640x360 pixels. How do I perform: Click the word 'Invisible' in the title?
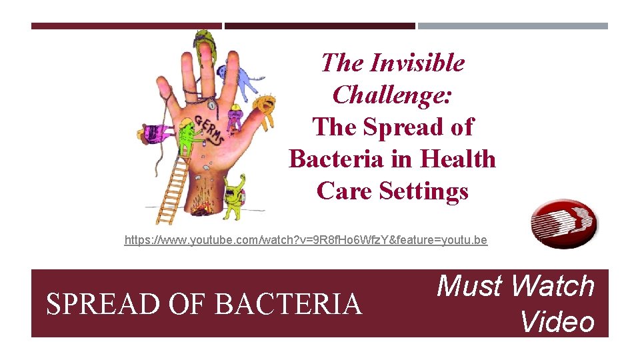417,63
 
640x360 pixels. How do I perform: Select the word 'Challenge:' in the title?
392,95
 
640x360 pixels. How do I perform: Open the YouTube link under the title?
305,240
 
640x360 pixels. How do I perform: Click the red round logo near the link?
564,223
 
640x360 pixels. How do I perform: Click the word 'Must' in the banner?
469,286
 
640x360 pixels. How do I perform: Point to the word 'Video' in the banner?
557,321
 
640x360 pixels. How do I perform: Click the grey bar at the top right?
513,26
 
